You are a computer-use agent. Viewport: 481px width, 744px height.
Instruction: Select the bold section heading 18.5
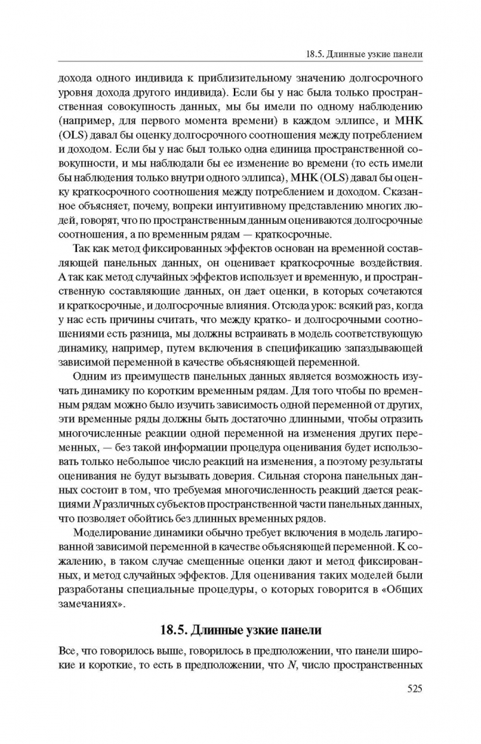coord(240,630)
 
